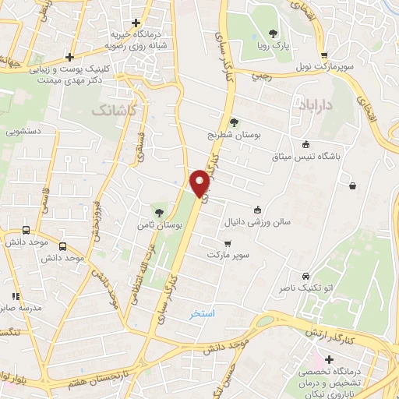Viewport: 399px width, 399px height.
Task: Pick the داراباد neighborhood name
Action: [316, 104]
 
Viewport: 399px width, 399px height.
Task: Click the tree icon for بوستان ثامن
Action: [159, 212]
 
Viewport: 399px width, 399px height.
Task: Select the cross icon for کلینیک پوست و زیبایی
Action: [70, 56]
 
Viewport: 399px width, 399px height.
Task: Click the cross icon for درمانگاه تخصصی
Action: [329, 360]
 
